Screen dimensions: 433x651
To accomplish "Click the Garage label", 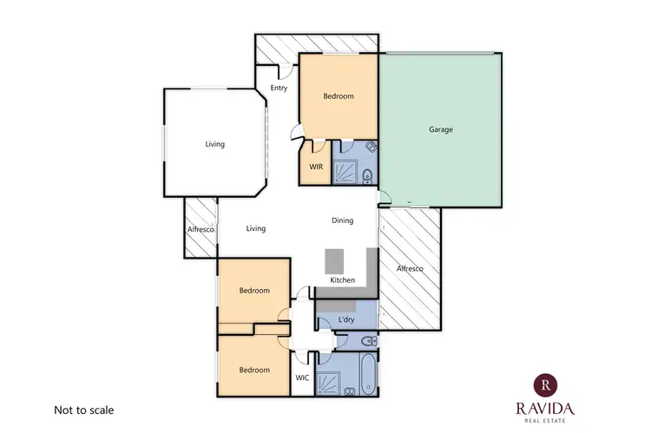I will pos(441,130).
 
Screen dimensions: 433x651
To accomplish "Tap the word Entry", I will pos(279,89).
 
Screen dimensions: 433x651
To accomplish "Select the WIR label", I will pos(316,167).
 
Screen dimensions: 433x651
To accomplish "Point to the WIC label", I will pos(302,378).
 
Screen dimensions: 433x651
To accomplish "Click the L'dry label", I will pos(345,320).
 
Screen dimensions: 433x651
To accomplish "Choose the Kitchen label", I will pos(343,280).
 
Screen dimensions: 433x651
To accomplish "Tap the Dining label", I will pos(343,220).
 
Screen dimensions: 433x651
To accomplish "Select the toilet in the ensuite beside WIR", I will pos(367,177).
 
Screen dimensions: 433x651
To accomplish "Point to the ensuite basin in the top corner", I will pos(370,147).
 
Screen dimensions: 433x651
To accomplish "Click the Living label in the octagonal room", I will pos(214,144).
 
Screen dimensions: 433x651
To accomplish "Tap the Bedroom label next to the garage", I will pos(339,96).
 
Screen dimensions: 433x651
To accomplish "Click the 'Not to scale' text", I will pos(84,410).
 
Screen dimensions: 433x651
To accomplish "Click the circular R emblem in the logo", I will pos(544,383).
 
